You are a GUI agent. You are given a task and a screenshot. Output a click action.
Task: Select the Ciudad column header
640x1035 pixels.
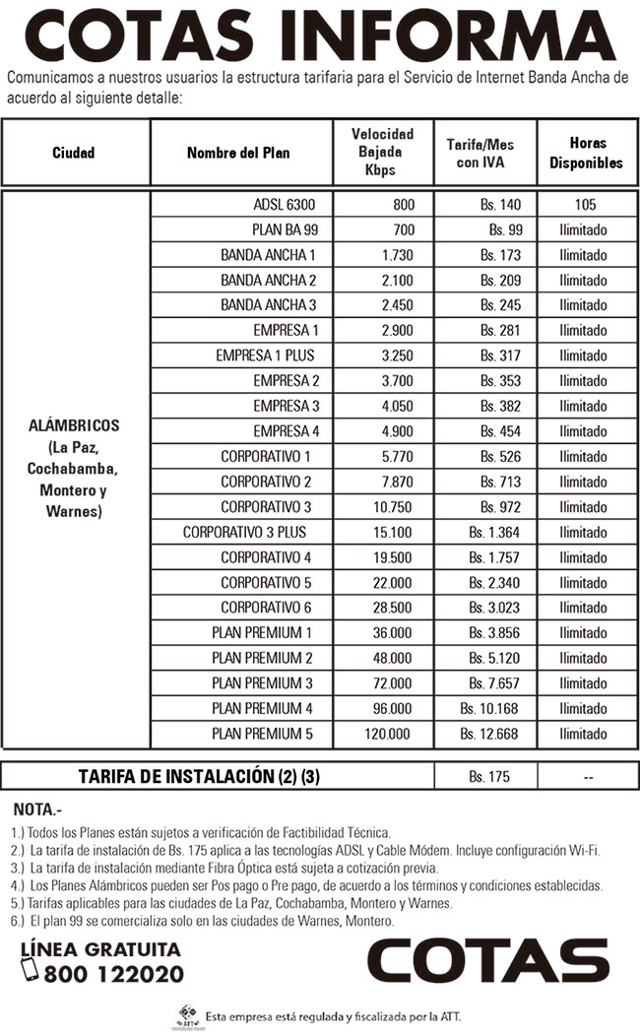pos(74,153)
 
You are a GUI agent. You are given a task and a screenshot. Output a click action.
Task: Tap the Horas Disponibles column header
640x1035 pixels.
pos(586,153)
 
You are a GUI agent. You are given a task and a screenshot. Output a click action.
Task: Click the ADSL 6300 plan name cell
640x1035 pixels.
pos(279,205)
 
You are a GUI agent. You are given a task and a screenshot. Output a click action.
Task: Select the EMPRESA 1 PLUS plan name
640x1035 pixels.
pos(265,355)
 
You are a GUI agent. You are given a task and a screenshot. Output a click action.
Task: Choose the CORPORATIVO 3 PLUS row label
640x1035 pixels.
pos(244,532)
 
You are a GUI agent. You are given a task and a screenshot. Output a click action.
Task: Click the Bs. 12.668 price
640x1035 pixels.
pos(490,734)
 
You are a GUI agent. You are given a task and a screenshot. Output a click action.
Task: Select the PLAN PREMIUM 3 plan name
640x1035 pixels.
pos(262,682)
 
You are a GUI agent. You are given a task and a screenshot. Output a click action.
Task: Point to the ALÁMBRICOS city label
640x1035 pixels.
pos(74,425)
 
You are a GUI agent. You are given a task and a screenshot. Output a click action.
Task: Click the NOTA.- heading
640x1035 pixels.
pos(37,810)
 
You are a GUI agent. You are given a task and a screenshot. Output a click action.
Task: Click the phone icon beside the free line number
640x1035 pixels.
pos(31,970)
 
